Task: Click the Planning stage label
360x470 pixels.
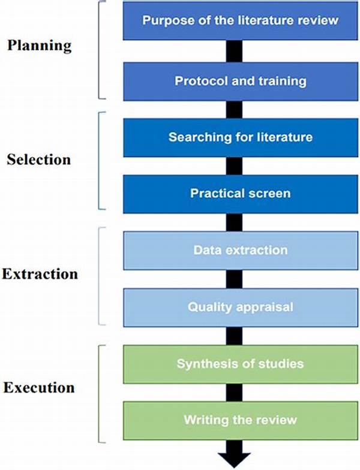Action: tap(40, 46)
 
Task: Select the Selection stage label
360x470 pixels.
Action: tap(38, 159)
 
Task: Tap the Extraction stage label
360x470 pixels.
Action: tap(40, 274)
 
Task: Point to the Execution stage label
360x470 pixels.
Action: tap(39, 387)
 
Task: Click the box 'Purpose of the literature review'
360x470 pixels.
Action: tap(240, 20)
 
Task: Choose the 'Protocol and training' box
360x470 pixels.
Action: tap(240, 82)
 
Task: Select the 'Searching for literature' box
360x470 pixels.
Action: tap(240, 138)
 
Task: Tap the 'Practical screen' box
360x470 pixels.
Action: tap(240, 194)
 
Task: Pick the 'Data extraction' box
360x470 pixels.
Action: tap(240, 251)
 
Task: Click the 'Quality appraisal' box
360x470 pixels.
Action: tap(240, 307)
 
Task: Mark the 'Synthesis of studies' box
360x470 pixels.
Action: tap(240, 364)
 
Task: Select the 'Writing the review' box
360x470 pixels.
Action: tap(240, 421)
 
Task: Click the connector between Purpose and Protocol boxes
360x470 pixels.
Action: tap(234, 52)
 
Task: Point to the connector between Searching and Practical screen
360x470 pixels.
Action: tap(234, 166)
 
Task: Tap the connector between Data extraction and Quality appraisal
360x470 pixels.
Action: tap(234, 279)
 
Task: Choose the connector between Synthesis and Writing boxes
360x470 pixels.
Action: tap(234, 393)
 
